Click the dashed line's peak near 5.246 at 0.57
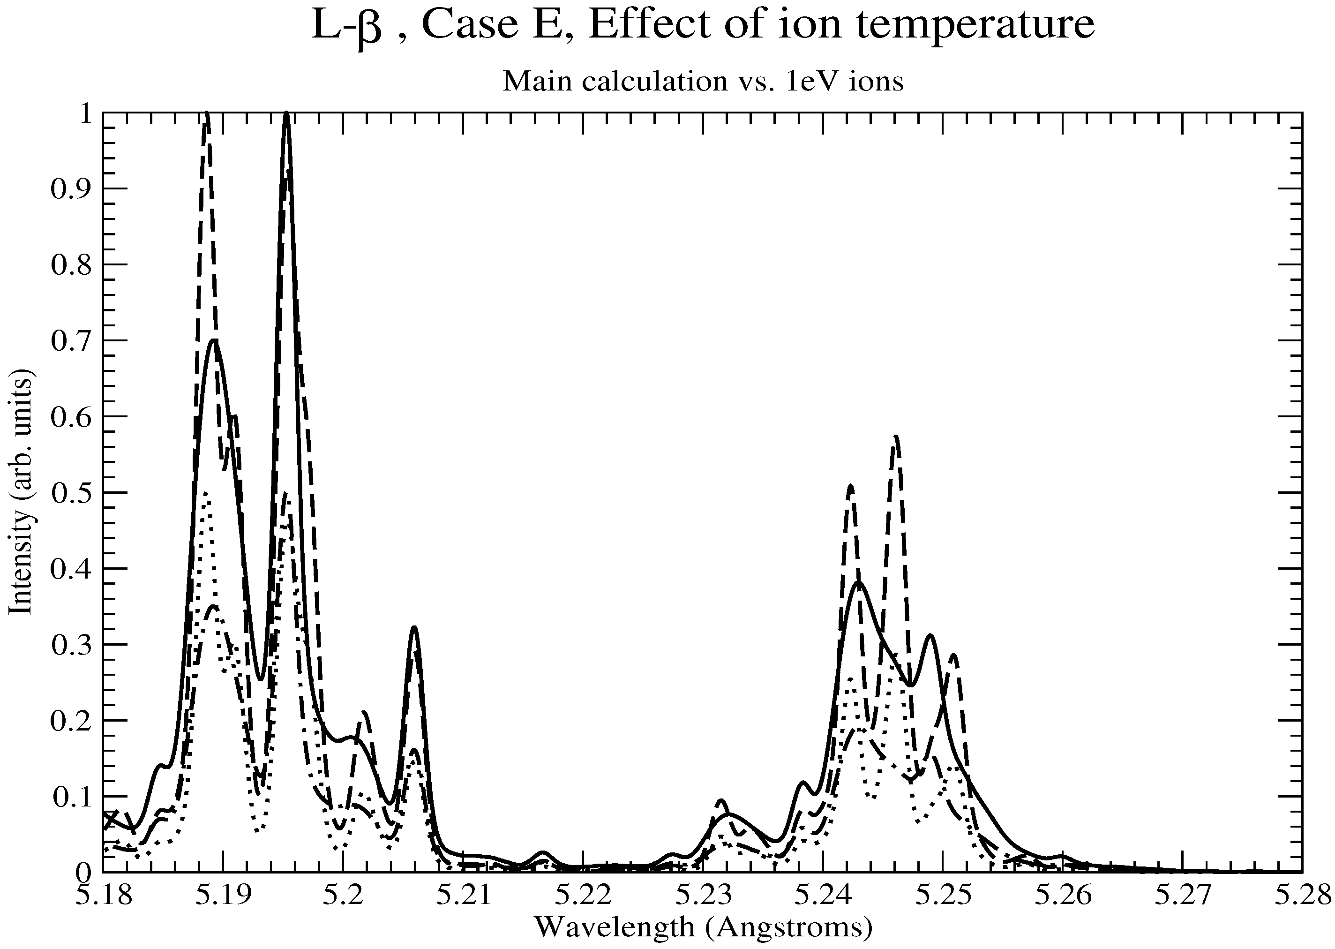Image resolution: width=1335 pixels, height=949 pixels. point(896,437)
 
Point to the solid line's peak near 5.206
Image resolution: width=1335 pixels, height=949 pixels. point(414,628)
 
